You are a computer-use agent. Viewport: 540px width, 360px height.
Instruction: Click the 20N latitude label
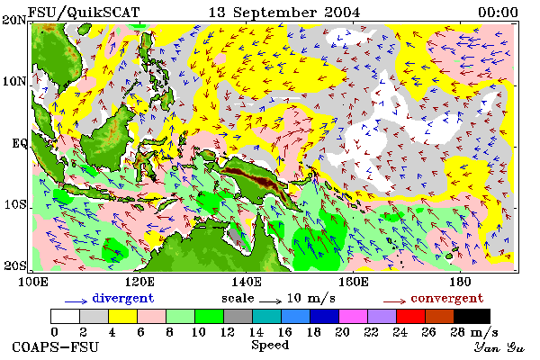click(x=14, y=20)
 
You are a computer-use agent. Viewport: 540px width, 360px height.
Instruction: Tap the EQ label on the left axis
click(x=20, y=143)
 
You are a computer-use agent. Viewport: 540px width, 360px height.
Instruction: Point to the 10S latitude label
click(x=15, y=204)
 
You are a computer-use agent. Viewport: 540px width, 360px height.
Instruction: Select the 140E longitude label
click(x=246, y=282)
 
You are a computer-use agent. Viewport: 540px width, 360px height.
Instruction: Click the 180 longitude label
click(x=460, y=282)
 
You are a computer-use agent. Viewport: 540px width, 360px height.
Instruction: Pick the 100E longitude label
click(x=32, y=282)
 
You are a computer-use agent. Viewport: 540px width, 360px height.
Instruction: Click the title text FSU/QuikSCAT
click(x=84, y=13)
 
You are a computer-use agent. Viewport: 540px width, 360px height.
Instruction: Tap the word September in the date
click(x=274, y=13)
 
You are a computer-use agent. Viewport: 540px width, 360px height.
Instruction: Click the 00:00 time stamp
click(x=498, y=13)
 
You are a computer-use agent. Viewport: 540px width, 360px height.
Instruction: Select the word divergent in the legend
click(x=123, y=298)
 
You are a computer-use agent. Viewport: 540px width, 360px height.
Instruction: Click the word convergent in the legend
click(x=447, y=298)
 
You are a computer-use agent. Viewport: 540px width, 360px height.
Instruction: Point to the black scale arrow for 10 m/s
click(x=270, y=301)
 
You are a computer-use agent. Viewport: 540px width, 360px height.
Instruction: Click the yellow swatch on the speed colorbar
click(x=122, y=316)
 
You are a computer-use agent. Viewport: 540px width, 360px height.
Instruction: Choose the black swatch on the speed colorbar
click(x=472, y=316)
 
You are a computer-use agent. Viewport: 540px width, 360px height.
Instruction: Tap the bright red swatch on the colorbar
click(x=410, y=316)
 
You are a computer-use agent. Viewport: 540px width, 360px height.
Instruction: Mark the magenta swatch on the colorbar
click(x=353, y=316)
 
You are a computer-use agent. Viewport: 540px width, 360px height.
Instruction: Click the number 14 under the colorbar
click(x=256, y=332)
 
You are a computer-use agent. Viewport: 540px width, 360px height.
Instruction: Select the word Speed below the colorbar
click(x=270, y=346)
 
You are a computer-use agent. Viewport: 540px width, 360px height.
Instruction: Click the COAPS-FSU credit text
click(x=56, y=346)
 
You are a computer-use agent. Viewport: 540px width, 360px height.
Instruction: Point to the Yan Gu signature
click(x=499, y=347)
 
